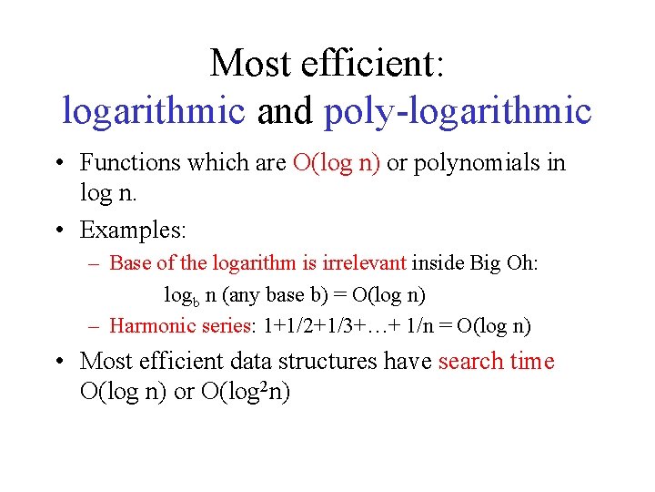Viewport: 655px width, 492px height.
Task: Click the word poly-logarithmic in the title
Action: (x=458, y=112)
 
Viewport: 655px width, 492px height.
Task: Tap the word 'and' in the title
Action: (x=284, y=112)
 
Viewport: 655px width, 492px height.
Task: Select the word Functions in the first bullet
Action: (x=130, y=163)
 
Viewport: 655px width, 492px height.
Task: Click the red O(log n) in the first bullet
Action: (x=338, y=163)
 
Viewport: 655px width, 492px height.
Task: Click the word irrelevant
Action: (x=362, y=264)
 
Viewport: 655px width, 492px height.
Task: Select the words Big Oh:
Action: (x=504, y=264)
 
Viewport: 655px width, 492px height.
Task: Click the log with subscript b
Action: (x=176, y=296)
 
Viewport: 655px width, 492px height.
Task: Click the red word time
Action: (x=531, y=362)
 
